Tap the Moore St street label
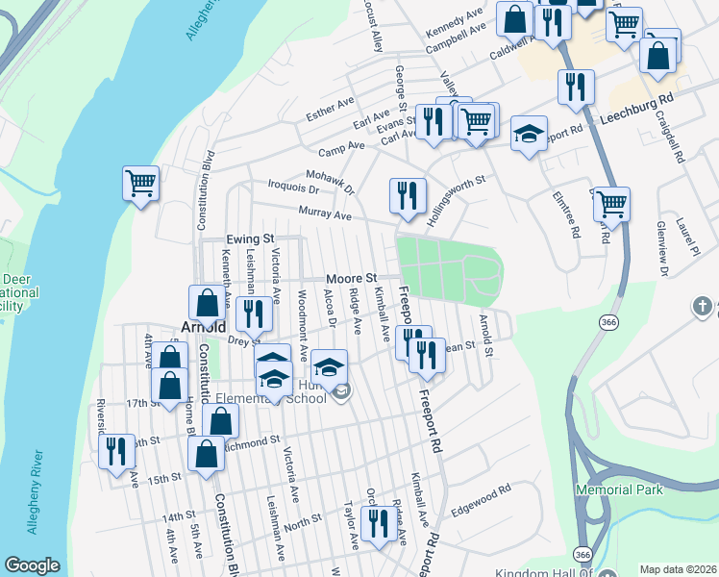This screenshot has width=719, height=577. [348, 277]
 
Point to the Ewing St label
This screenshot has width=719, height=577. [251, 238]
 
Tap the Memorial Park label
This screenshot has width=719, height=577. [620, 489]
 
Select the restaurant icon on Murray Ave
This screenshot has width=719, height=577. [408, 195]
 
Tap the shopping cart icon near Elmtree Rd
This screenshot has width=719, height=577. [611, 203]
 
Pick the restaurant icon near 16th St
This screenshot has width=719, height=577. [117, 452]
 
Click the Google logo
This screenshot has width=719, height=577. [33, 565]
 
